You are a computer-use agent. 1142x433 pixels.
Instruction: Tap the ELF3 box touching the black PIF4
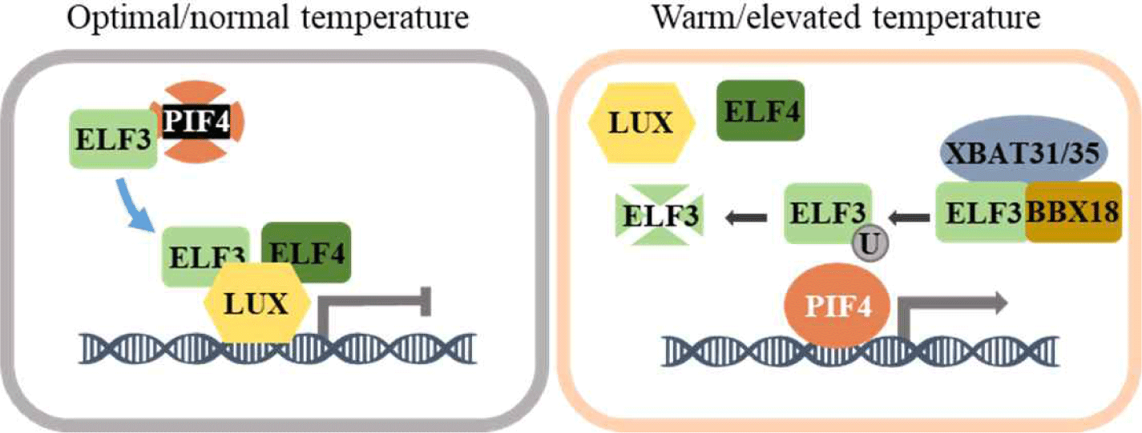click(x=112, y=141)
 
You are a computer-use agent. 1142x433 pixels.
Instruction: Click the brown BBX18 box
click(x=1071, y=211)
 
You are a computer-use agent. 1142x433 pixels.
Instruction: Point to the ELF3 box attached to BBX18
click(x=980, y=211)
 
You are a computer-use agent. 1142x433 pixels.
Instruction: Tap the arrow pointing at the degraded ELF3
click(x=744, y=214)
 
